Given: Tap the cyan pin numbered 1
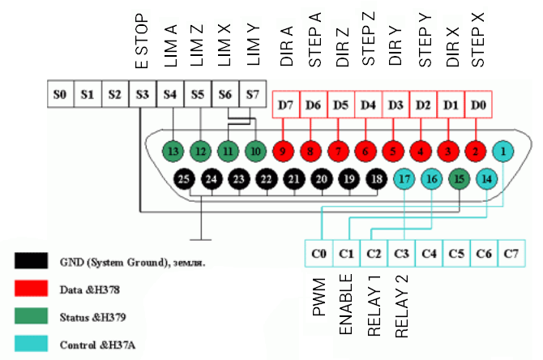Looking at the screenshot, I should (x=504, y=150).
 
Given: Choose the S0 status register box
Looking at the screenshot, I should (x=59, y=94).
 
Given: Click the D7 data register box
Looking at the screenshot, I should (x=285, y=105).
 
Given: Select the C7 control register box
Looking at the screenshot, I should (x=511, y=254).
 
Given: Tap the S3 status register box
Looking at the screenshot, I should (x=142, y=94).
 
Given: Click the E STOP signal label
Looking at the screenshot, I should (x=142, y=41).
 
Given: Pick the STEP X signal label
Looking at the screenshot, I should (x=478, y=41).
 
